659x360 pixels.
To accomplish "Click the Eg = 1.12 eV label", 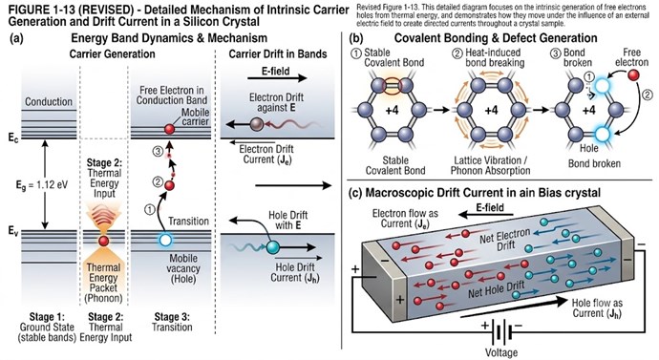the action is point(40,185).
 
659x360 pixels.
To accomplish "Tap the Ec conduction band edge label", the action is point(12,138).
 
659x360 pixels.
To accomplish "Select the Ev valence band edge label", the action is point(12,230).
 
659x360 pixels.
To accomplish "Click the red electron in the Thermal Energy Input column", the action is point(103,242).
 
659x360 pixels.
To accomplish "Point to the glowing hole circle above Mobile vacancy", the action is point(165,241).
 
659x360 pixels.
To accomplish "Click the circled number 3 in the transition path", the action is point(158,151).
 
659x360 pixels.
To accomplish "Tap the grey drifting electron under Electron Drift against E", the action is point(257,124).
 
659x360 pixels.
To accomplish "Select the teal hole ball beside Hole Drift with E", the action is point(273,247).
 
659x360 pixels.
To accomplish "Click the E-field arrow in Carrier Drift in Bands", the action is point(277,78).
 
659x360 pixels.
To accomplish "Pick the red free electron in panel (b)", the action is point(633,75).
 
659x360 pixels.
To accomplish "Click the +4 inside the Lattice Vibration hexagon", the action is point(491,111).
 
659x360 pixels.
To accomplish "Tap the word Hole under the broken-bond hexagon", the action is point(589,148).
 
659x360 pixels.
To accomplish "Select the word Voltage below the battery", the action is point(501,352).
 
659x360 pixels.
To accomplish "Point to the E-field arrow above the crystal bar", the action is point(486,215).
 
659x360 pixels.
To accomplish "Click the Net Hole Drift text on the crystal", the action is point(497,289).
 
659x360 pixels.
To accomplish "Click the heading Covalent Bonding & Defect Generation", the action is point(496,38).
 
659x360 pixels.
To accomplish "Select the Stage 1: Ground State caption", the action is point(47,327).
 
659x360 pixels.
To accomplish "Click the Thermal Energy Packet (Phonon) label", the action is point(103,283).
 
